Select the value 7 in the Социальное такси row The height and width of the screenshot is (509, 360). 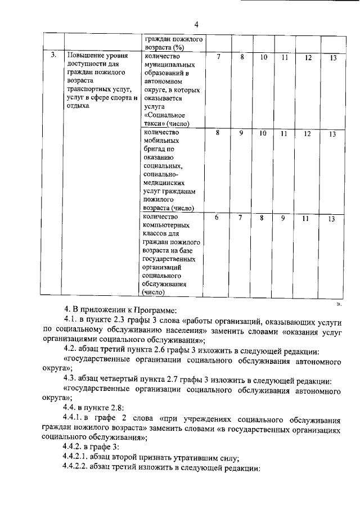pos(219,57)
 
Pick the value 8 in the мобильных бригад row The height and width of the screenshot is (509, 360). pos(219,133)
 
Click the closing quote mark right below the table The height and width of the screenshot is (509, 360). pos(339,303)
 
